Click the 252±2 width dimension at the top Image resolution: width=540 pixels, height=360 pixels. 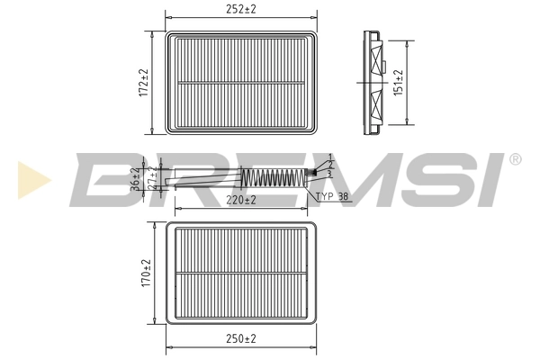(240, 9)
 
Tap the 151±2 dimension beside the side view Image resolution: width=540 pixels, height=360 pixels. (400, 82)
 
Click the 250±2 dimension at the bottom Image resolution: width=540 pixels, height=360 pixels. (240, 338)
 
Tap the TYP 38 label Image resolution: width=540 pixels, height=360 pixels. (331, 194)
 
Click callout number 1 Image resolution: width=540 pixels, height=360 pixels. (330, 157)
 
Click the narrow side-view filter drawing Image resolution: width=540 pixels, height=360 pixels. (372, 82)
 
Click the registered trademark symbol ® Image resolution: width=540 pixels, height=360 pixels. (515, 159)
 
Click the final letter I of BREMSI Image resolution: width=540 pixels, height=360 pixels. (494, 180)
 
